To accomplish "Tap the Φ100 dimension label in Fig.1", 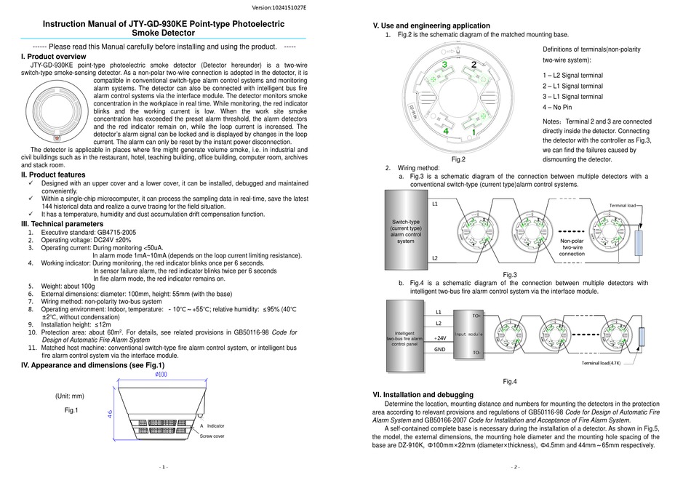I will point(161,375).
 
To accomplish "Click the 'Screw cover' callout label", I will point(212,436).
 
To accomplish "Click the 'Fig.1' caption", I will point(71,411).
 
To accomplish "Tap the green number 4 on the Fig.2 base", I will point(445,131).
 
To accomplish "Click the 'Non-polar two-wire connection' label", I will point(572,247).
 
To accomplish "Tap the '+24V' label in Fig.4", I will point(440,338).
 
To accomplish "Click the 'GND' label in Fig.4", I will point(440,350).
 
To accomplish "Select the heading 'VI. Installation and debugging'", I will point(422,394).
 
